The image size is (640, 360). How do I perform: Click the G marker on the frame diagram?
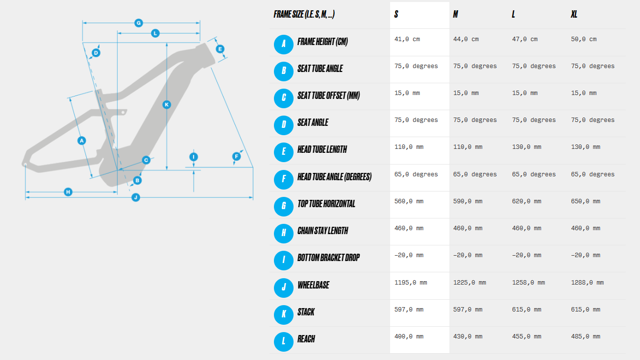click(x=139, y=23)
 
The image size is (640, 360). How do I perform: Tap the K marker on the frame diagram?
click(x=167, y=105)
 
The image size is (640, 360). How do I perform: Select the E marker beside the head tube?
click(x=220, y=49)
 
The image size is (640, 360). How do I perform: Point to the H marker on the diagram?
click(x=68, y=192)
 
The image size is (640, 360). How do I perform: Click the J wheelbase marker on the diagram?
click(x=136, y=197)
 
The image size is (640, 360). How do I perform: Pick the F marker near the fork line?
click(x=236, y=156)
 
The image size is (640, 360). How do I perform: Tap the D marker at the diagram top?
click(x=96, y=53)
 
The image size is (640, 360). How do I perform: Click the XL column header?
click(x=574, y=14)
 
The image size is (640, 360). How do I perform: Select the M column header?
click(x=455, y=14)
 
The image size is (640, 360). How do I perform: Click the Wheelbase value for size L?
click(x=528, y=283)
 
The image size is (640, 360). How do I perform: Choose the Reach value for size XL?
click(x=586, y=336)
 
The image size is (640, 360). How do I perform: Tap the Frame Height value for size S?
click(x=407, y=39)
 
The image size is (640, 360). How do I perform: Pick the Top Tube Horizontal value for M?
click(x=468, y=201)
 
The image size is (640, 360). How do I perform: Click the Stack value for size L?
click(x=527, y=310)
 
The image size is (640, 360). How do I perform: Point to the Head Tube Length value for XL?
click(x=586, y=147)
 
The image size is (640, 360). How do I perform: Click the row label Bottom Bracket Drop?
click(x=328, y=258)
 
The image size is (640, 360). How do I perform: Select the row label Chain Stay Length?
click(x=323, y=231)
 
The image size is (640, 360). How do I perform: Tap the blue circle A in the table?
click(x=283, y=44)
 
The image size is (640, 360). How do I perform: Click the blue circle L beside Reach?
click(x=283, y=342)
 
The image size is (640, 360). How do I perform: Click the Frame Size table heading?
click(x=304, y=14)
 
